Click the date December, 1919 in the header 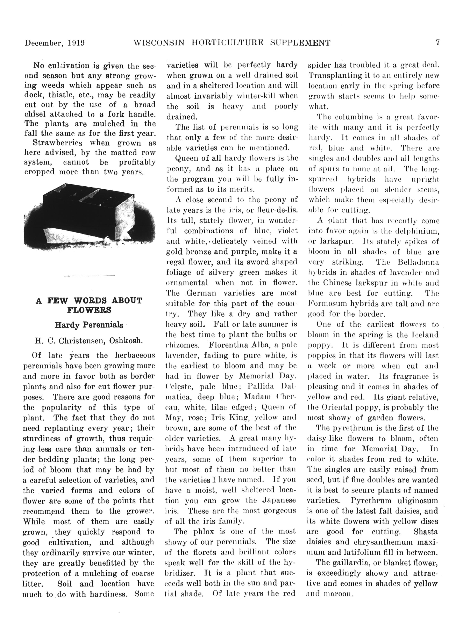55,43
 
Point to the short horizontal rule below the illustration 89,276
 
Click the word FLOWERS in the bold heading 89,310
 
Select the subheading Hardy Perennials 89,325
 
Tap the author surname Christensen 80,341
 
